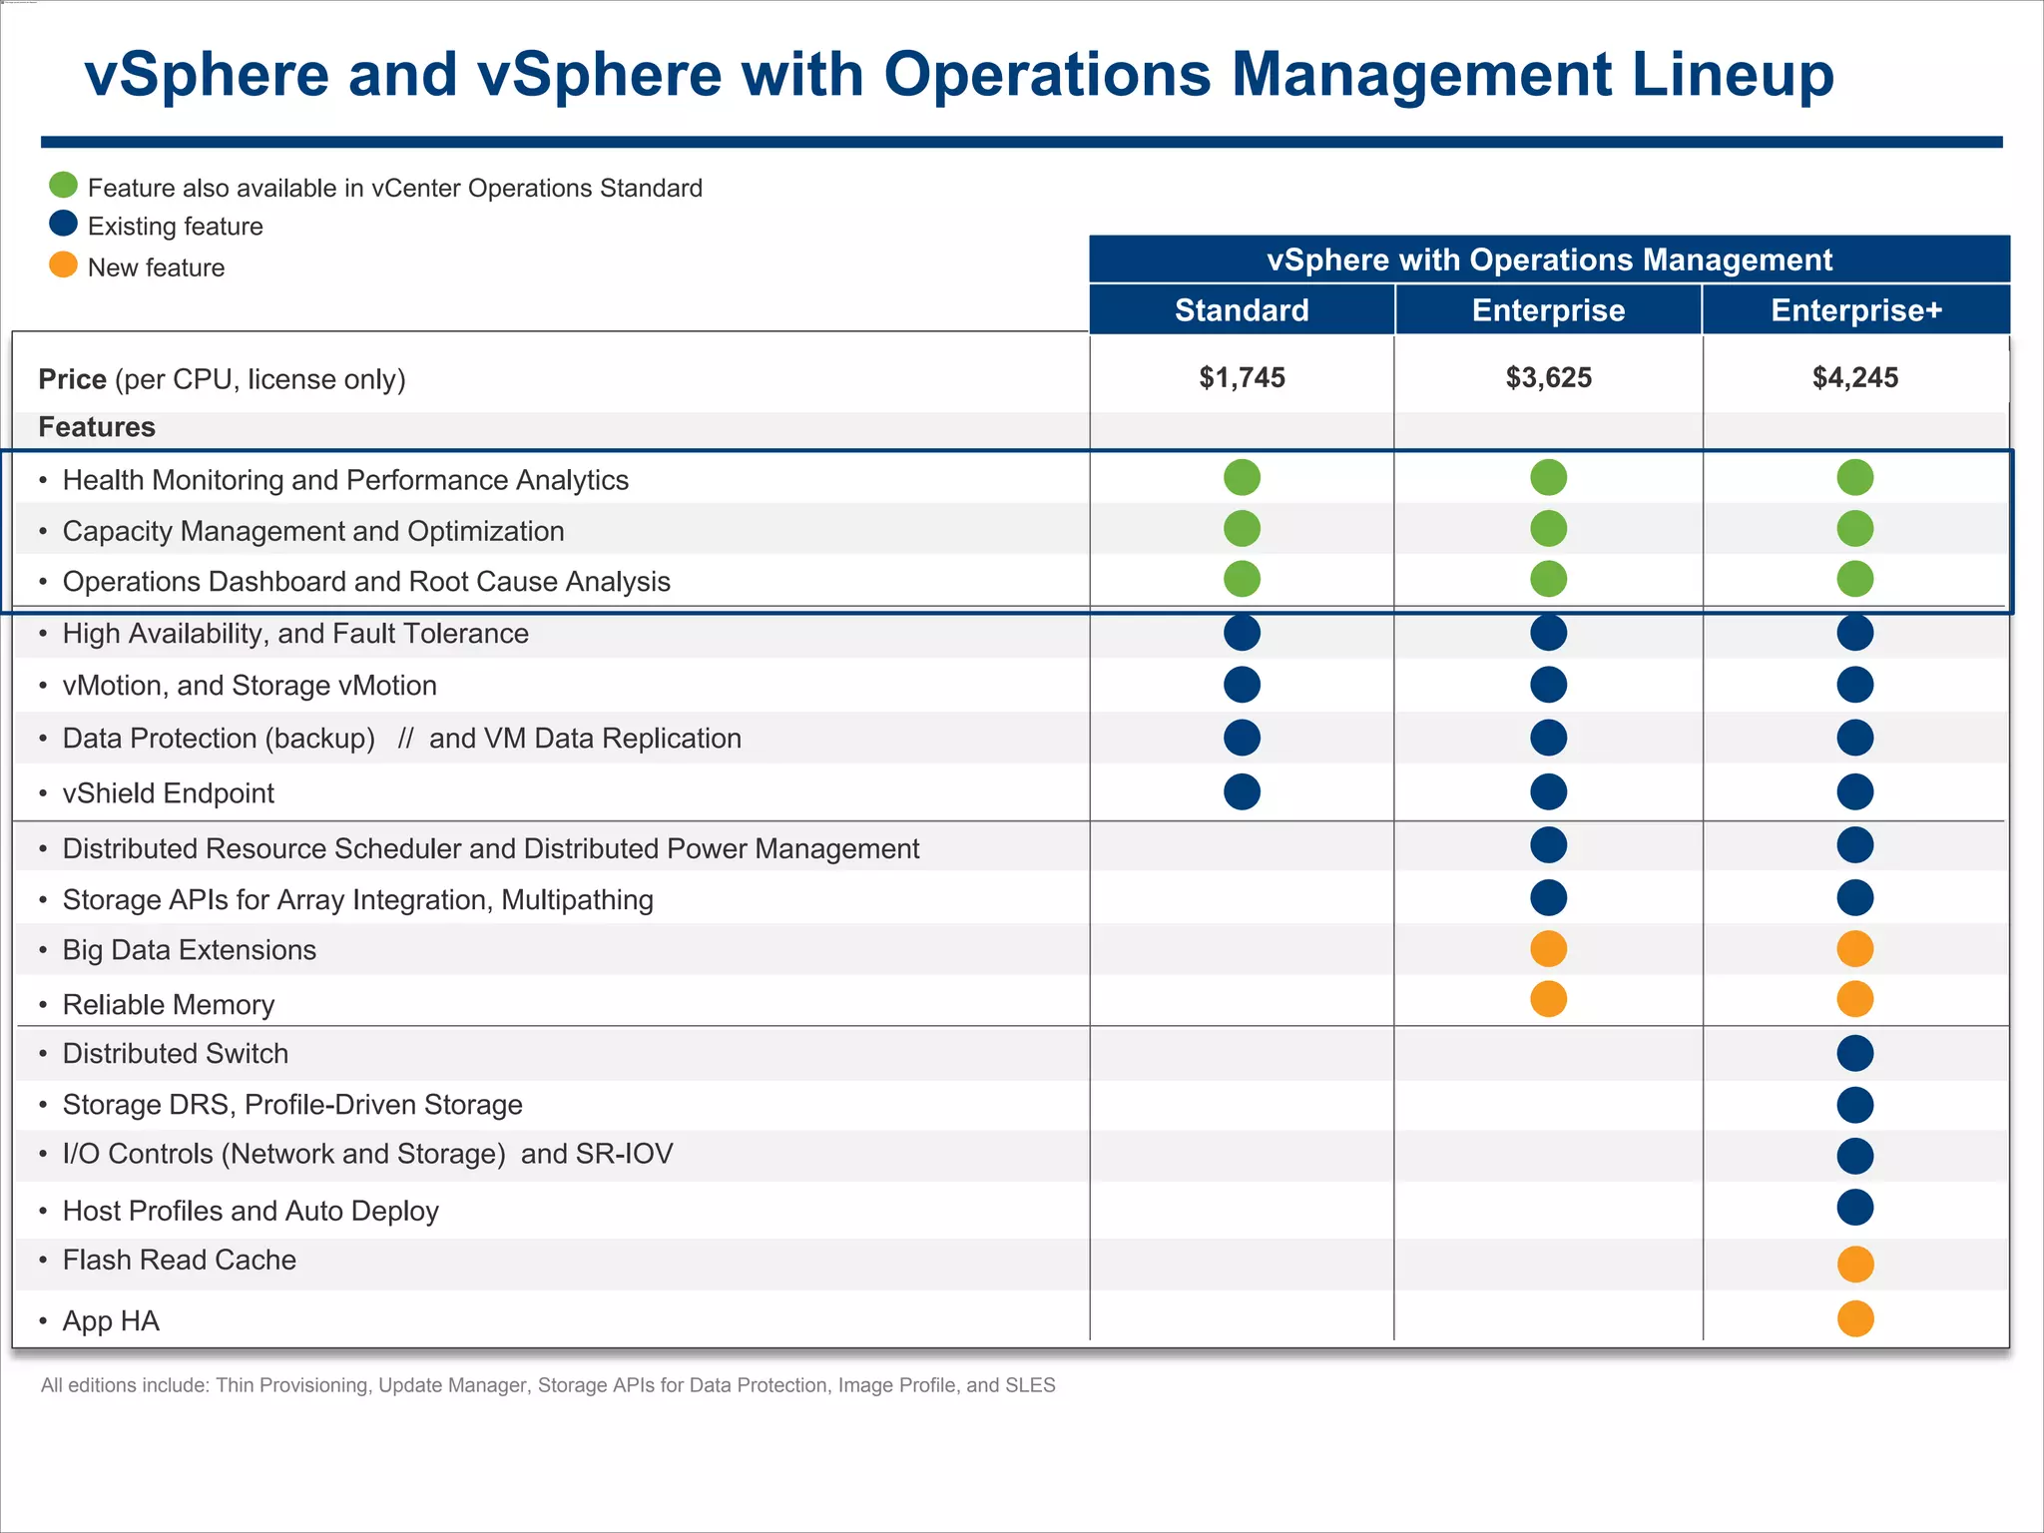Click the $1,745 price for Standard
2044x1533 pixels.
(1242, 377)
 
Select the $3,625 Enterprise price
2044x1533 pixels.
(1548, 377)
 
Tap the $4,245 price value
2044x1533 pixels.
(1854, 377)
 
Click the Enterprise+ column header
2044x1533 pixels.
(1855, 310)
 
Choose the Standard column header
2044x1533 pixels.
(1242, 310)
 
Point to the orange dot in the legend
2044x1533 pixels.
(63, 264)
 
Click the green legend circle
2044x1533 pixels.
(63, 186)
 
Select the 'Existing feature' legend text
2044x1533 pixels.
(176, 227)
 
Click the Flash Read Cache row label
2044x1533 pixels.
(180, 1260)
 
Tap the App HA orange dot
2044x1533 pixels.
(1854, 1318)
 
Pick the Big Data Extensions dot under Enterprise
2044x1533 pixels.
(1548, 948)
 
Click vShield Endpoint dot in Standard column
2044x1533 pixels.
(1242, 791)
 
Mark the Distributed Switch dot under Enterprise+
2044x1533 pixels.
(1854, 1053)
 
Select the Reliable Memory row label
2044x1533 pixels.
(169, 1004)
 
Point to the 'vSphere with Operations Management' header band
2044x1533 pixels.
(1548, 259)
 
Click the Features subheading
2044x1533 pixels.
(97, 427)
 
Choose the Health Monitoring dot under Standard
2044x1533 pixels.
(1242, 477)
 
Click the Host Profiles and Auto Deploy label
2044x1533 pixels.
(251, 1211)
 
